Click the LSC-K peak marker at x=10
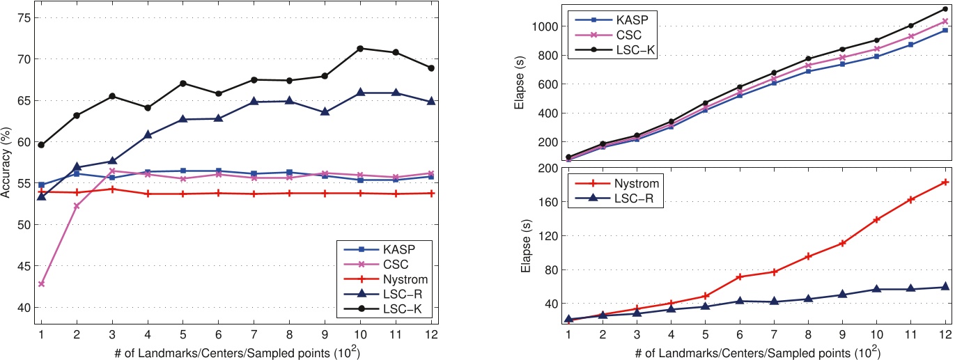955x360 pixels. (x=360, y=48)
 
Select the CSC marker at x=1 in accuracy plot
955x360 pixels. (x=41, y=284)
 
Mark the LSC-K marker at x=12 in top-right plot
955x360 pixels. (x=945, y=9)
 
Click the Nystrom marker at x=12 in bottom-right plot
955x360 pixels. (x=945, y=182)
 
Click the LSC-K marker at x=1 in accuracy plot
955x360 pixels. (x=41, y=145)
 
